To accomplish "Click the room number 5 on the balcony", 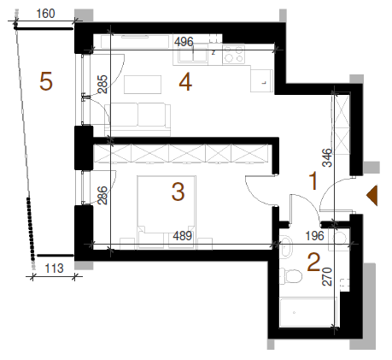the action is [x=46, y=81].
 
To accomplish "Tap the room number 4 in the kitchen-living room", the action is [x=185, y=81].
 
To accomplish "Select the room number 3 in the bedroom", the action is [x=178, y=192].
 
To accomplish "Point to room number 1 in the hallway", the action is [x=313, y=180].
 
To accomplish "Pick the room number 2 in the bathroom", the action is [x=313, y=262].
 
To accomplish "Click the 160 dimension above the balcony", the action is [x=45, y=14].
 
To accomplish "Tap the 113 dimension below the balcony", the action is [x=54, y=269].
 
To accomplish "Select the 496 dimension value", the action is [x=184, y=42].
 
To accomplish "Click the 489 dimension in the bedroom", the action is [x=183, y=236].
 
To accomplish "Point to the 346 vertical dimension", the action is [x=327, y=157].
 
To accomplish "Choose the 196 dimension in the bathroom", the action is [x=314, y=236].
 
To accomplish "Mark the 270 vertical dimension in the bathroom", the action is [x=327, y=276].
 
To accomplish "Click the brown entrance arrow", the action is [x=372, y=195].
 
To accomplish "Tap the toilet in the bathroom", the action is [x=290, y=276].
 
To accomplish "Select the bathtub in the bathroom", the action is [x=308, y=312].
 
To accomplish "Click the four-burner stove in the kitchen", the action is [x=233, y=54].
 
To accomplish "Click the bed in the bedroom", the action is [x=167, y=212].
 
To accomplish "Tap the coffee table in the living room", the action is [x=143, y=85].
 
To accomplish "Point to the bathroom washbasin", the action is [x=286, y=247].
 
